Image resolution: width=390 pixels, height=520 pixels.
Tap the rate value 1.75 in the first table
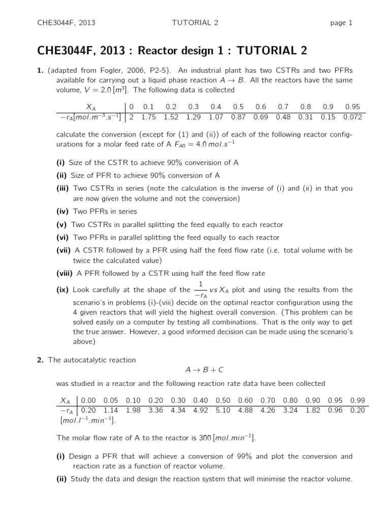pyautogui.click(x=149, y=117)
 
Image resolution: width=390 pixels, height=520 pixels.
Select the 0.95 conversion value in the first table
pyautogui.click(x=352, y=107)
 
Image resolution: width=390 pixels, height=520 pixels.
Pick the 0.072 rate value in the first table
pyautogui.click(x=352, y=117)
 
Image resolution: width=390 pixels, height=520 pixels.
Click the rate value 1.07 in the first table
pyautogui.click(x=216, y=117)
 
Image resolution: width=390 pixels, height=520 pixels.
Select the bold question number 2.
pyautogui.click(x=40, y=360)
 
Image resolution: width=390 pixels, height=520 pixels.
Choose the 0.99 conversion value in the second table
pyautogui.click(x=357, y=400)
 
